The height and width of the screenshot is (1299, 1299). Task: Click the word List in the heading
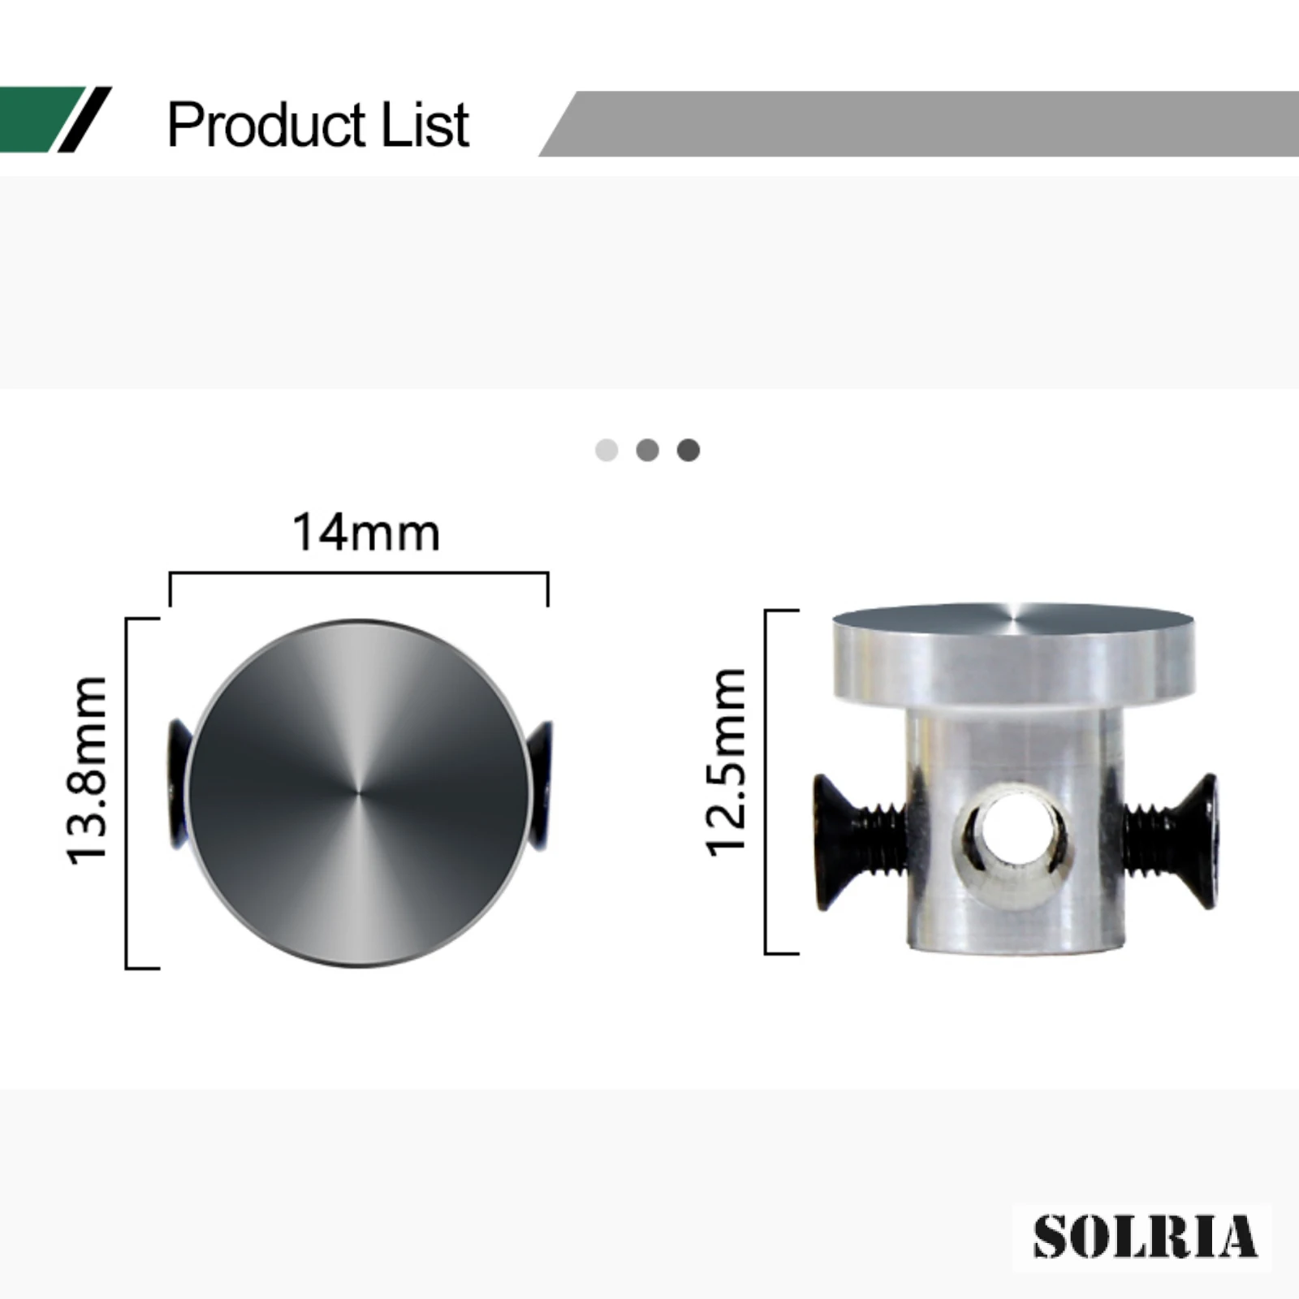[x=425, y=125]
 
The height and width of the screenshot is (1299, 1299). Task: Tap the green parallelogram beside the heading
[x=41, y=119]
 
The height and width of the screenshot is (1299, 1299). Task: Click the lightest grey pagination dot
[x=606, y=450]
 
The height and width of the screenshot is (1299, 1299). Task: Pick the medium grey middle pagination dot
[x=647, y=450]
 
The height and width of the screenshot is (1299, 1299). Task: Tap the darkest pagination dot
[x=688, y=450]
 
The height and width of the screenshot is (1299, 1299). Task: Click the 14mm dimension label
[x=366, y=533]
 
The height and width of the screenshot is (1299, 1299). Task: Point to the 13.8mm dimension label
[x=87, y=770]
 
